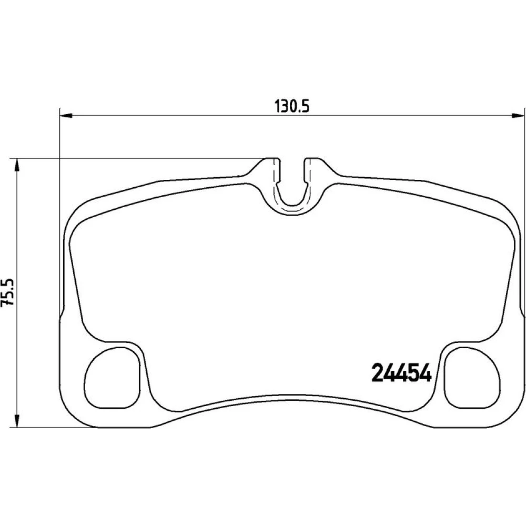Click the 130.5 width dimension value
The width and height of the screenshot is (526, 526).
[291, 106]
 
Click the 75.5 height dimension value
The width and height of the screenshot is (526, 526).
[8, 291]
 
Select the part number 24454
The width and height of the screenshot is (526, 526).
[401, 373]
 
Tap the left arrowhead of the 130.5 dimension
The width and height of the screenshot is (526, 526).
[66, 116]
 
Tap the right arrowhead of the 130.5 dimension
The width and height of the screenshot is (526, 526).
[517, 116]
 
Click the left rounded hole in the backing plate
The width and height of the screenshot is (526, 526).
[112, 378]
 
